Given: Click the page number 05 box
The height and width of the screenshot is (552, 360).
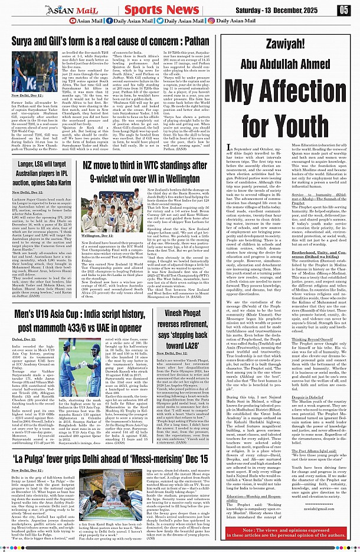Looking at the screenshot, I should pos(343,9).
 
